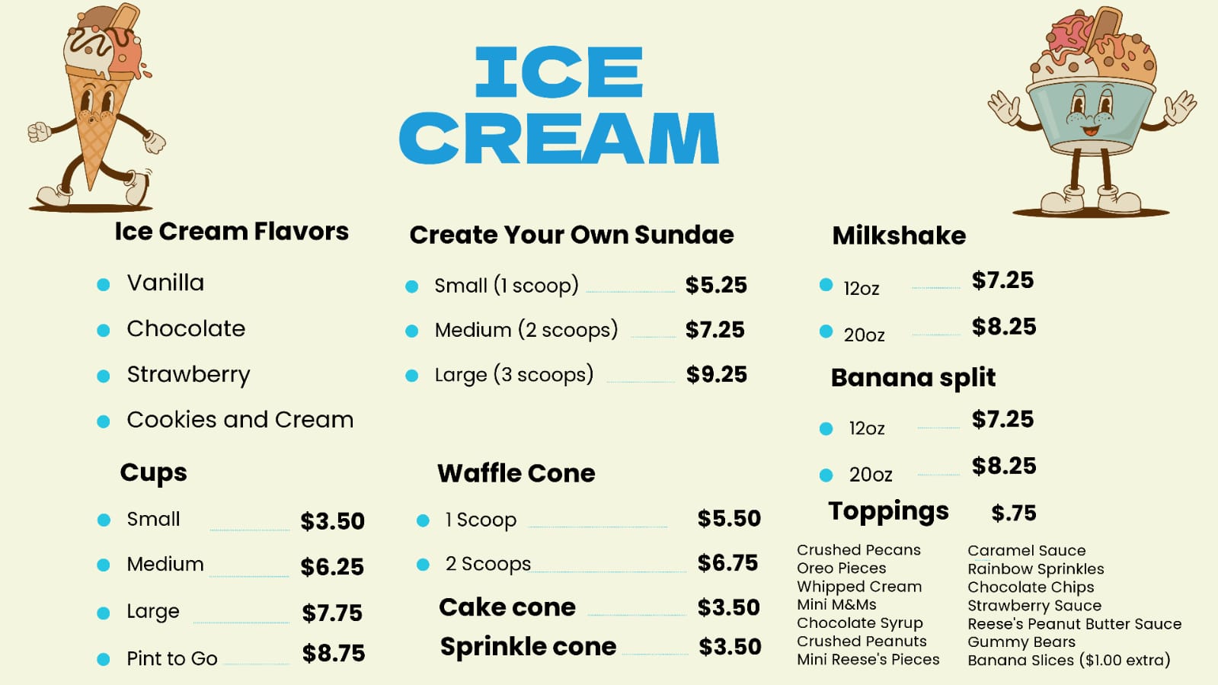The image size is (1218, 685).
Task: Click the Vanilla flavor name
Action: tap(166, 283)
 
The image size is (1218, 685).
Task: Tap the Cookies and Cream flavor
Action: tap(241, 420)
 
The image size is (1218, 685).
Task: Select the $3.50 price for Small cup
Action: tap(332, 521)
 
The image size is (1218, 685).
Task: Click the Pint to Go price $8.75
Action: tap(334, 654)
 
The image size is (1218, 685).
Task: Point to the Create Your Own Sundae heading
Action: tap(571, 235)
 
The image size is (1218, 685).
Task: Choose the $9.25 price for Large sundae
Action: tap(717, 374)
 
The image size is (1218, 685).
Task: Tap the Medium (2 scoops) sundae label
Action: tap(526, 330)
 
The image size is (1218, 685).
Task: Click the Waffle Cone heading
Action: tap(516, 473)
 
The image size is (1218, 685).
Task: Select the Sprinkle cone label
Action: tap(528, 646)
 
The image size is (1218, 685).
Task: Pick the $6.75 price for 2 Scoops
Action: tap(727, 563)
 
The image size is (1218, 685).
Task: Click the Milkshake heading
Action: tap(899, 235)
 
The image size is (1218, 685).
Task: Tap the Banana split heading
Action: tap(913, 378)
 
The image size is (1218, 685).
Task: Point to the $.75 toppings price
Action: tap(1014, 513)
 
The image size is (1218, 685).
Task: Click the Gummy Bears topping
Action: tap(1021, 642)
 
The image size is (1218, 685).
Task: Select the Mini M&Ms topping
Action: tap(836, 604)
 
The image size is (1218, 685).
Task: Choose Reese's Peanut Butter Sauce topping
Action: tap(1075, 623)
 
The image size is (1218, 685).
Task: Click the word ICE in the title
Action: tap(559, 72)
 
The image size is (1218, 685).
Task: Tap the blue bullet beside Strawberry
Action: tap(104, 376)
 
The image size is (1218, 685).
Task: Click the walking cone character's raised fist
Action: tap(39, 132)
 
